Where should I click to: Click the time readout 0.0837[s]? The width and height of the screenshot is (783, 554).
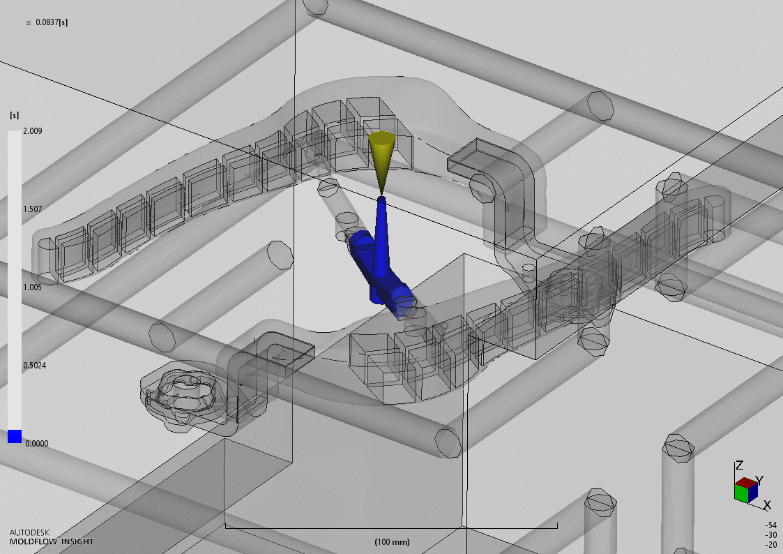pyautogui.click(x=52, y=22)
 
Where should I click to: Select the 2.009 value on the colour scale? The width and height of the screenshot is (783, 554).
pyautogui.click(x=33, y=131)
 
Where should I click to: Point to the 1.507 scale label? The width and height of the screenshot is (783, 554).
pyautogui.click(x=33, y=209)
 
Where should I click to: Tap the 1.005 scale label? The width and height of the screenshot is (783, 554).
pyautogui.click(x=33, y=287)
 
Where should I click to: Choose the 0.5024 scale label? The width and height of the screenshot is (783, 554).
pyautogui.click(x=34, y=365)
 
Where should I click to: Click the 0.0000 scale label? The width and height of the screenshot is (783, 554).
pyautogui.click(x=36, y=443)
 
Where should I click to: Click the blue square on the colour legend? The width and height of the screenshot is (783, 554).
pyautogui.click(x=15, y=436)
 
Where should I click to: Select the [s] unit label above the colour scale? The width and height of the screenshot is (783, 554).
pyautogui.click(x=15, y=115)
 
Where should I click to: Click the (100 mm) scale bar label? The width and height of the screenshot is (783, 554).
pyautogui.click(x=392, y=542)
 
